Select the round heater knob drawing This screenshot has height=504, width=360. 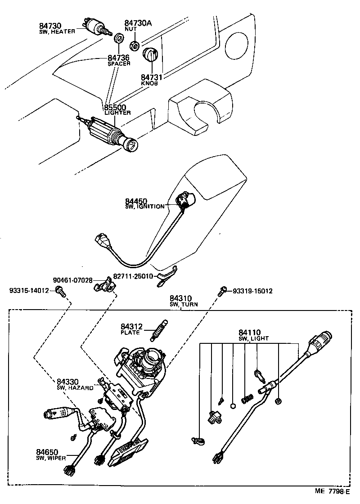tap(150, 57)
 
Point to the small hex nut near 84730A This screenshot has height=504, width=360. tap(134, 45)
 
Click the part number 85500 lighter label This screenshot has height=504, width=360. tap(115, 108)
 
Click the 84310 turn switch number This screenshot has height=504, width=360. tap(180, 298)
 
